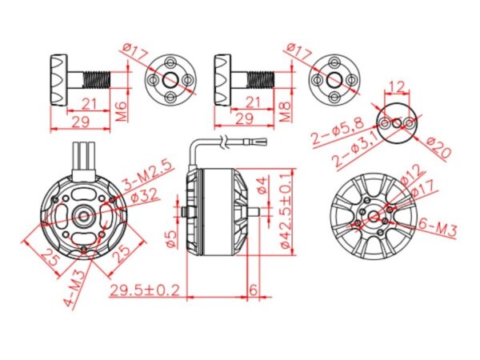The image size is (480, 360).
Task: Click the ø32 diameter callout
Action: [x=141, y=194]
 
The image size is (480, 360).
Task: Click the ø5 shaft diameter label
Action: [x=170, y=238]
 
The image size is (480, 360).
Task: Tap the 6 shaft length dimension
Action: [x=253, y=289]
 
